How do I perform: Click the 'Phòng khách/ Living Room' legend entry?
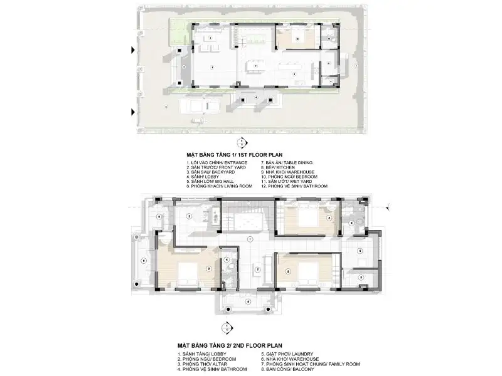click(219, 187)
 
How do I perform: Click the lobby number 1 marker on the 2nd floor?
click(250, 239)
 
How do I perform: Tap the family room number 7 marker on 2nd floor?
click(257, 269)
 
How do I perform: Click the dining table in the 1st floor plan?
click(255, 65)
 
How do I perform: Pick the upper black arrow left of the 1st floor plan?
click(133, 50)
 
